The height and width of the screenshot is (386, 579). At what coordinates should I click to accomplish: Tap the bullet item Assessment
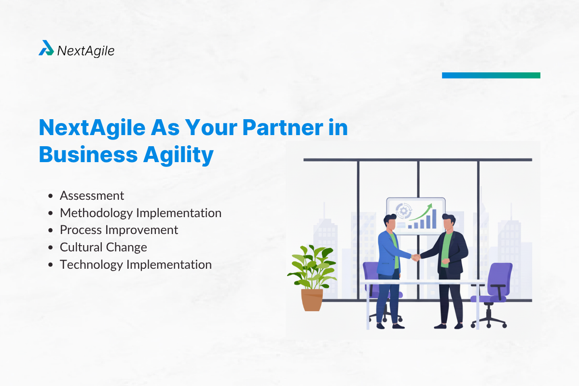click(x=92, y=195)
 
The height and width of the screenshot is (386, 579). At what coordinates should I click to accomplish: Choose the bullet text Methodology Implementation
click(x=140, y=213)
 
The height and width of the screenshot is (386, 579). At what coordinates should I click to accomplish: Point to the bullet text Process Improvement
click(x=119, y=230)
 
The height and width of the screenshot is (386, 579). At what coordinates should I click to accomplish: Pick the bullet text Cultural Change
click(x=103, y=248)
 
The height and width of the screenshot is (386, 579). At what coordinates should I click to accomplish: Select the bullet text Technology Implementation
click(x=136, y=265)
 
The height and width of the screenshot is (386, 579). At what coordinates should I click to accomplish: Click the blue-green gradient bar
click(x=491, y=75)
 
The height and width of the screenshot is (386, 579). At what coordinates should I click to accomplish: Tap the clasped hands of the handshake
click(x=415, y=257)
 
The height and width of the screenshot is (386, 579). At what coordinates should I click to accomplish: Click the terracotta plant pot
click(x=312, y=299)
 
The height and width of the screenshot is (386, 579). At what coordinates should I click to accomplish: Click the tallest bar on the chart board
click(x=434, y=219)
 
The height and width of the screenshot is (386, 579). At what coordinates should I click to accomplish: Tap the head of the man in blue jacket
click(x=390, y=222)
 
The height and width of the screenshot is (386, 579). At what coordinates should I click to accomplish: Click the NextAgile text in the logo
click(x=86, y=50)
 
